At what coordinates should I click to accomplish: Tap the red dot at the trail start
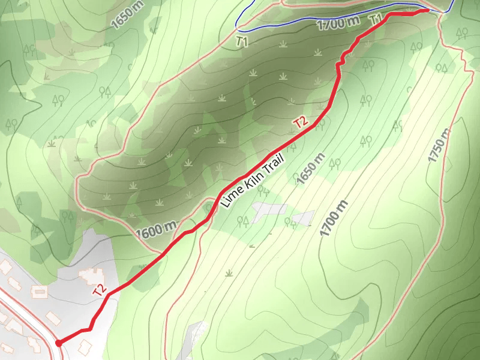coord(58,343)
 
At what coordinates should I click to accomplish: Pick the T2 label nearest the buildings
coord(100,290)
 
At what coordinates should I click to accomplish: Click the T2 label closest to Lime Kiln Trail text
coord(301,122)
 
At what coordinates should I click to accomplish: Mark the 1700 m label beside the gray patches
coord(334,216)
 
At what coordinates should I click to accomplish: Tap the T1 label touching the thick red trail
coord(376,19)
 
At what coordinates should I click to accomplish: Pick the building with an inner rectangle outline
coord(40,292)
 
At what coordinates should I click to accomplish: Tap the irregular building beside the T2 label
coord(90,275)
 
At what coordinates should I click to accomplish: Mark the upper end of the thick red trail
coord(426,10)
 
